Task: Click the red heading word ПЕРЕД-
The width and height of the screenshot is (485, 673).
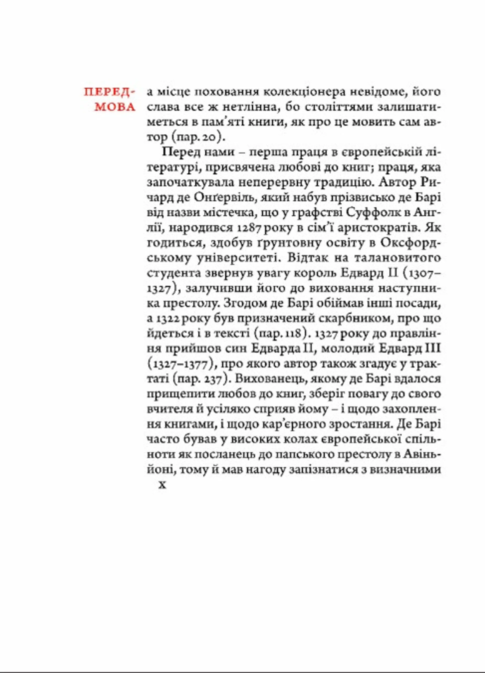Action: coord(109,92)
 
